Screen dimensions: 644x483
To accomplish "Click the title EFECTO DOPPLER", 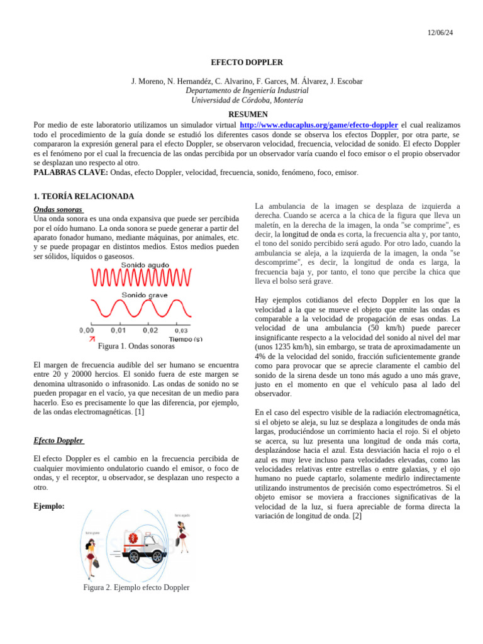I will click(247, 62).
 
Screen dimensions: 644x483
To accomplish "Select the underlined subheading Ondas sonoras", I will click(58, 209).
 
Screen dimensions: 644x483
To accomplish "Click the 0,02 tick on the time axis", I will click(150, 330).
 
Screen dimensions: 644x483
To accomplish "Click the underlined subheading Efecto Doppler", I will click(58, 440).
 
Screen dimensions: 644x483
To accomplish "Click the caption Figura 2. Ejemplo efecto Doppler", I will click(136, 588).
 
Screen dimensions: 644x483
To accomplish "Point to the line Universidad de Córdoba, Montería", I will click(247, 100).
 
